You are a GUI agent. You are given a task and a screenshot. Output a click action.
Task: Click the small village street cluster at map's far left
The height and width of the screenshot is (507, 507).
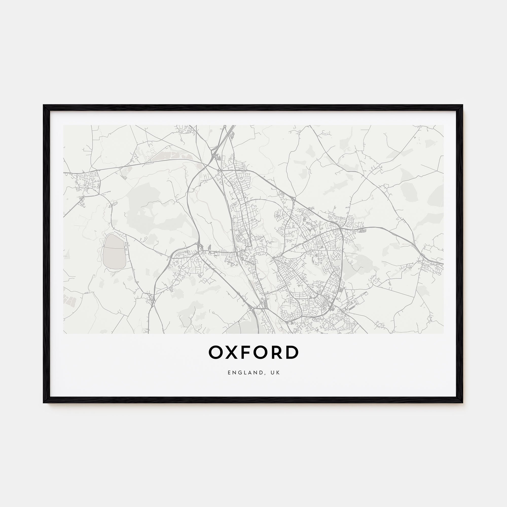tap(87, 181)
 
